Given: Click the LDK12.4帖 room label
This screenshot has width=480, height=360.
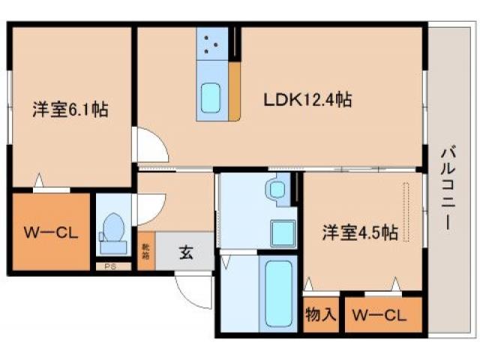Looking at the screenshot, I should coord(307,97).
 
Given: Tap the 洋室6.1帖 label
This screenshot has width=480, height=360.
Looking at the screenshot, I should coord(70,109).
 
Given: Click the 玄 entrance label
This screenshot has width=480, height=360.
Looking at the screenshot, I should coord(185,252).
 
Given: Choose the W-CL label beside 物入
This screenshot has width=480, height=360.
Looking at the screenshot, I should coord(380,315).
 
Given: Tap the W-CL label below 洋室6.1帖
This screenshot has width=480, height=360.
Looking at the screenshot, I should coord(49,232).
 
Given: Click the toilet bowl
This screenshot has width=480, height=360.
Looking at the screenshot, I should coord(114,227).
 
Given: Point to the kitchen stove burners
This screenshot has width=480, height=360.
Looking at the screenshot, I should coord(211,43).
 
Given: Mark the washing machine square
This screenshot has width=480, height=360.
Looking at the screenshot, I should coord(283,233).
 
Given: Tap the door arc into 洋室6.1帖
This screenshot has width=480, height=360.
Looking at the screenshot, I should coord(146,145).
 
